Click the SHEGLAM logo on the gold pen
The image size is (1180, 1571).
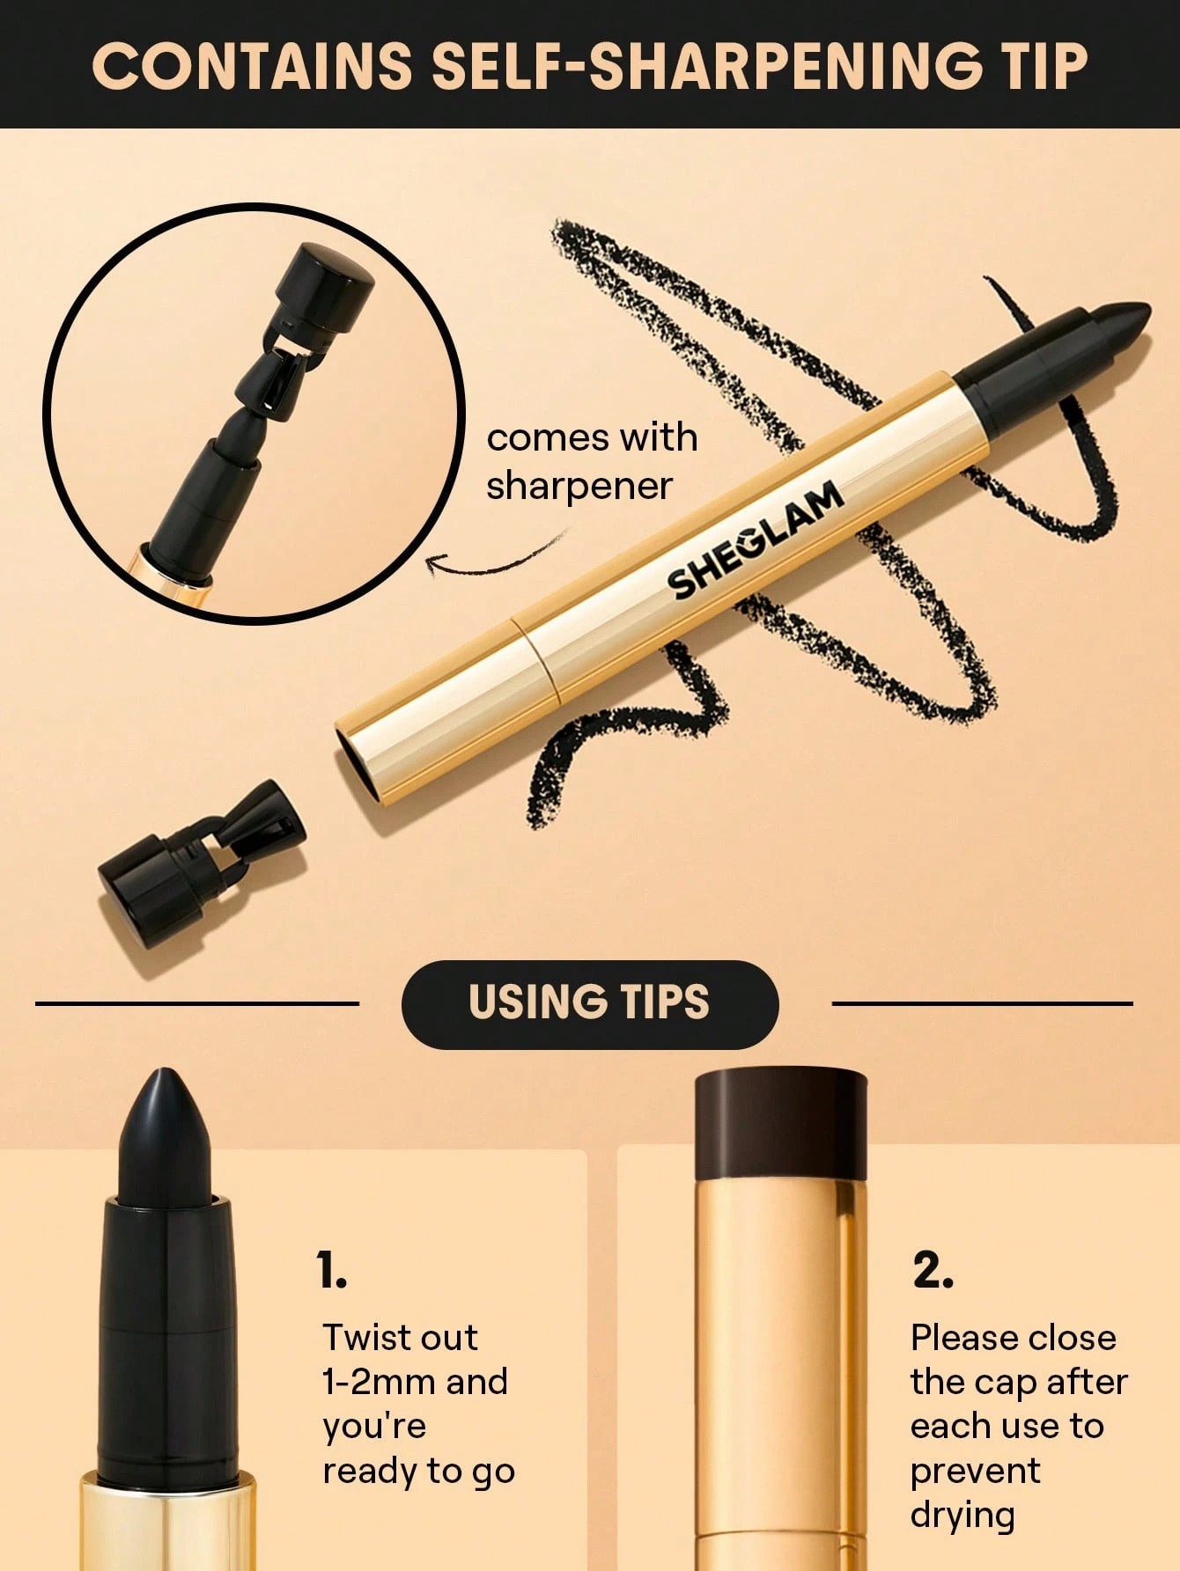pyautogui.click(x=756, y=542)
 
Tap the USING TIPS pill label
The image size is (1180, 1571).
pyautogui.click(x=589, y=1003)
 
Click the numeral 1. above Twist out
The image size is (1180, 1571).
pyautogui.click(x=332, y=1271)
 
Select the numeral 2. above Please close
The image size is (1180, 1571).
pyautogui.click(x=933, y=1271)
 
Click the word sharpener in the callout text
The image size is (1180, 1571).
pyautogui.click(x=579, y=486)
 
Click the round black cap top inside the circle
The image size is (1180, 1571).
pyautogui.click(x=327, y=275)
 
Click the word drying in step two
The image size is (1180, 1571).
pyautogui.click(x=962, y=1516)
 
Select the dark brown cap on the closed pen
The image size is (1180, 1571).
pyautogui.click(x=780, y=1124)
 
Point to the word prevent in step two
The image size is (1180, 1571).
pyautogui.click(x=975, y=1471)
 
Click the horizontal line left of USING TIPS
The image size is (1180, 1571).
pyautogui.click(x=197, y=1002)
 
